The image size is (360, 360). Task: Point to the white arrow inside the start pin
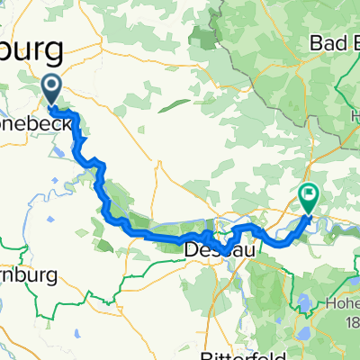click(51, 87)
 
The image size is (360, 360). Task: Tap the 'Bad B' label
click(333, 42)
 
